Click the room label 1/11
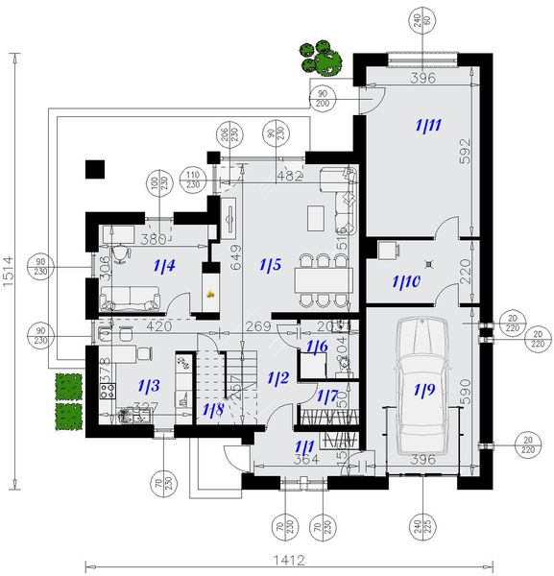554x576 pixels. [x=427, y=124]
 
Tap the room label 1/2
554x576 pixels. [x=277, y=377]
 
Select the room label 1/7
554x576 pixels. [x=327, y=396]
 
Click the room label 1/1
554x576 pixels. [x=304, y=446]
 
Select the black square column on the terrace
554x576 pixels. [x=94, y=170]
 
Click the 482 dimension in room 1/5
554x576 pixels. [x=289, y=177]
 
